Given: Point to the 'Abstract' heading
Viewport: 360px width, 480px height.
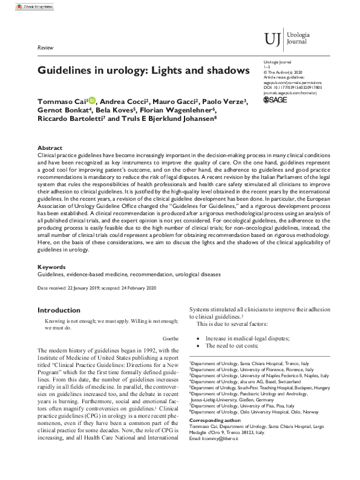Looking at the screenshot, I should tap(50, 148).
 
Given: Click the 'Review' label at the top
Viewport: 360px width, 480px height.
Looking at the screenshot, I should tap(45, 47).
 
